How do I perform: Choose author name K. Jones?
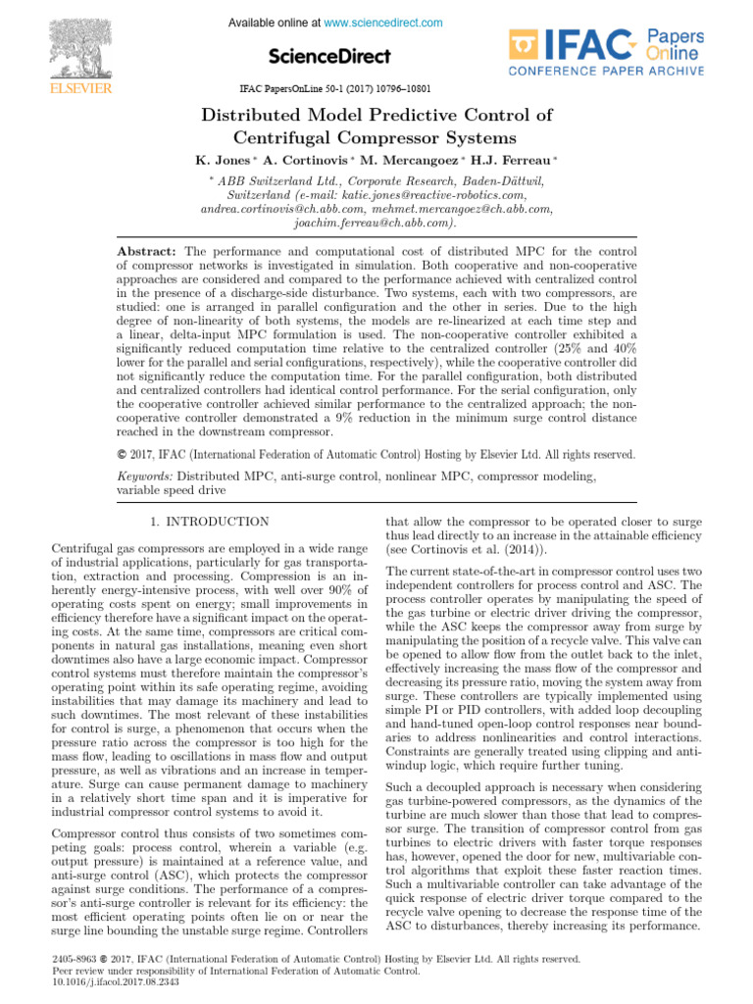tap(222, 159)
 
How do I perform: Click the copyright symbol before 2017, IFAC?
tap(122, 454)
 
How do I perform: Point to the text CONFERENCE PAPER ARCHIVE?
tap(606, 71)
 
